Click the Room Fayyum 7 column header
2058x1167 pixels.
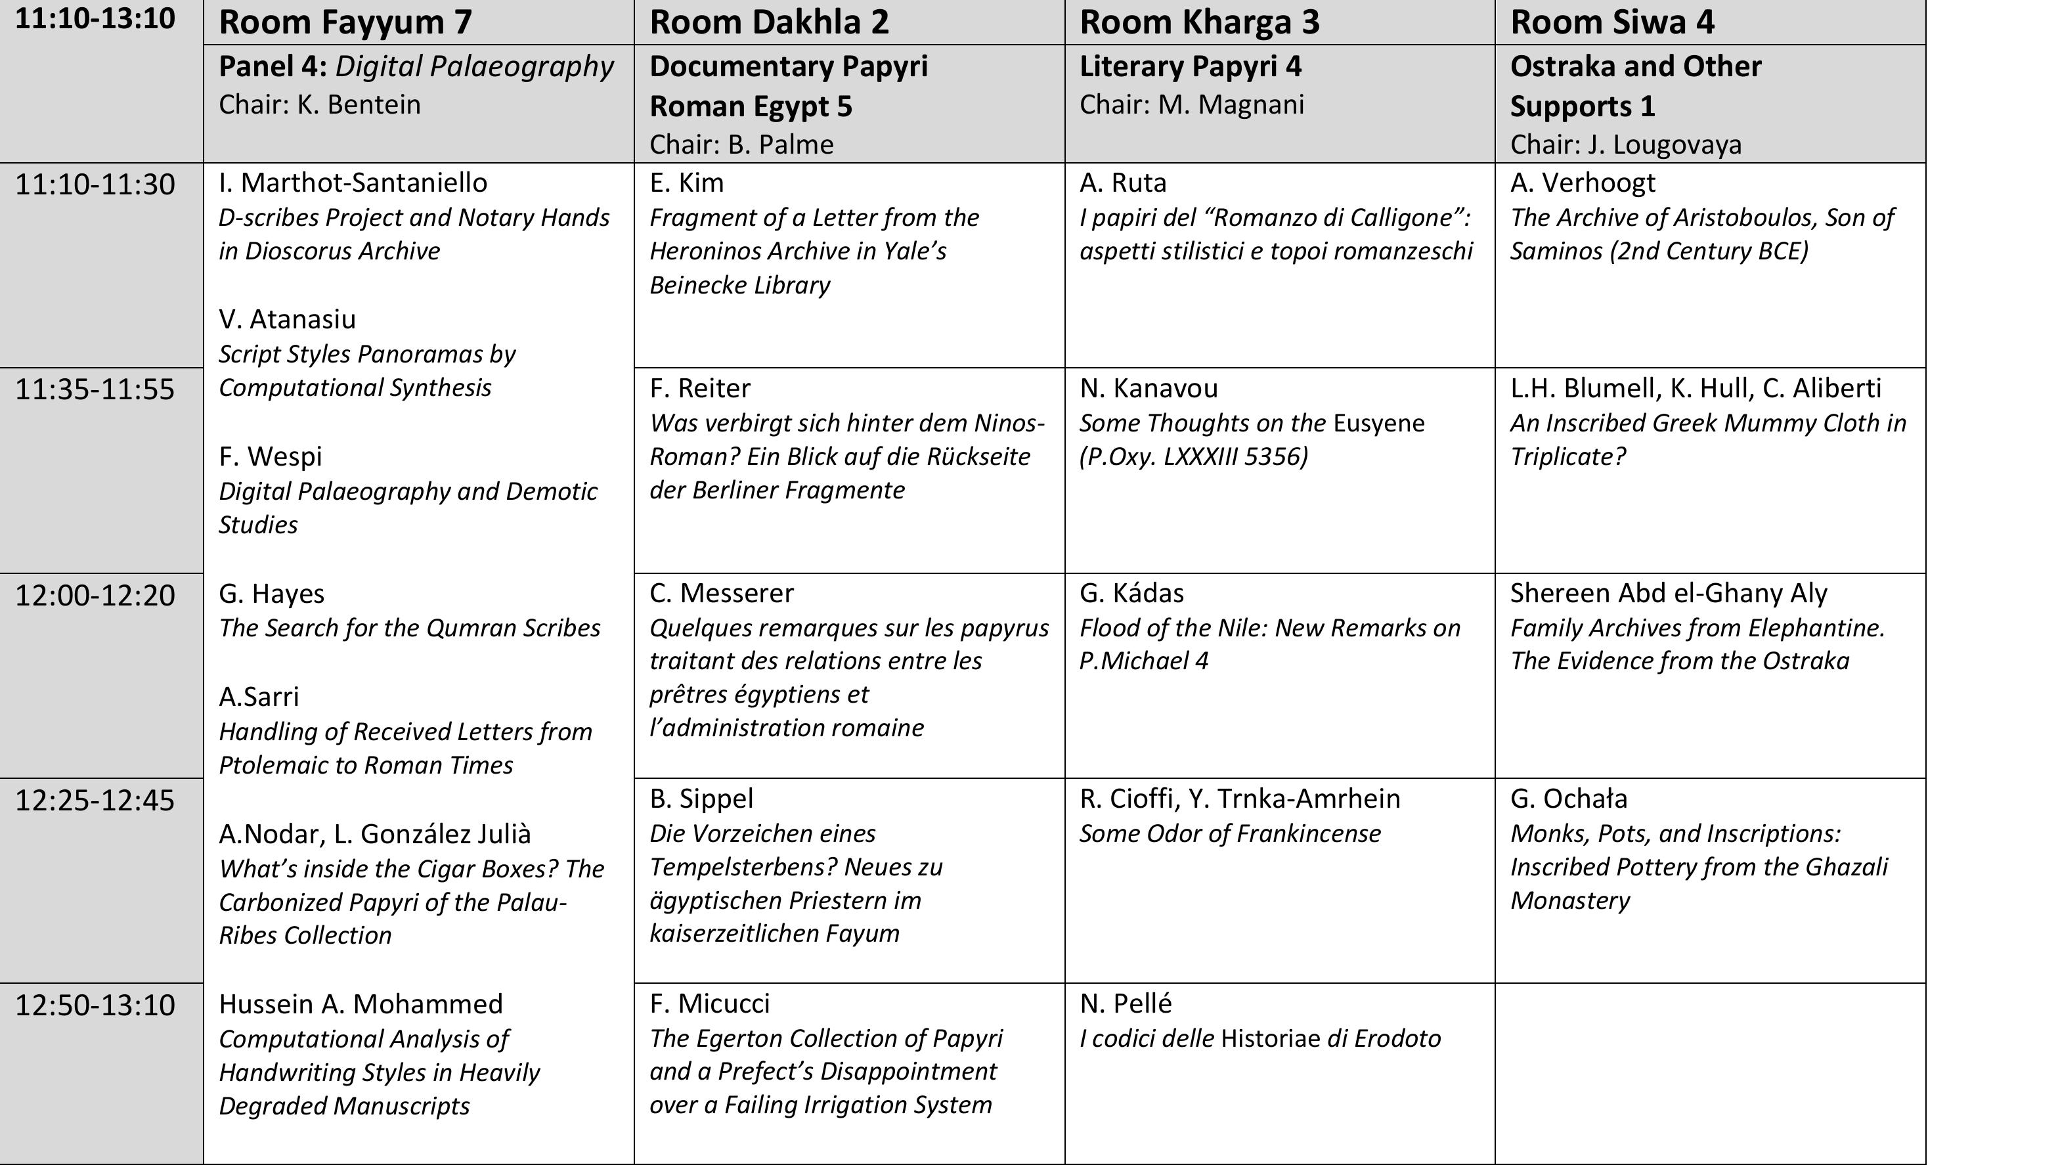[345, 22]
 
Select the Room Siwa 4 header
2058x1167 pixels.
[1611, 22]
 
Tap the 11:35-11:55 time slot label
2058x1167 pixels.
[95, 389]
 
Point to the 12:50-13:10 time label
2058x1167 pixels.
[95, 1005]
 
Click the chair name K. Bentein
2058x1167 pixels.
[359, 105]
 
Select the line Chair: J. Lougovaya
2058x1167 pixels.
[1625, 144]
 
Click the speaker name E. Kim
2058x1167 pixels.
[686, 183]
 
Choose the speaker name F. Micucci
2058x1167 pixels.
[709, 1003]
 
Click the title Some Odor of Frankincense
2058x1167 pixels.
[1229, 833]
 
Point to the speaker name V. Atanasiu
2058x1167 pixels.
[287, 319]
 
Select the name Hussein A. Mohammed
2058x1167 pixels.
[361, 1003]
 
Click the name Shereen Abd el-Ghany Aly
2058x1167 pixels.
[1669, 593]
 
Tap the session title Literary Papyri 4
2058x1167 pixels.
[1190, 66]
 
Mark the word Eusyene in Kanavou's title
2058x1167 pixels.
[1378, 423]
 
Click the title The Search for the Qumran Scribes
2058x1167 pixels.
[408, 628]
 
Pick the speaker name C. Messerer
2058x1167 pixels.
[721, 593]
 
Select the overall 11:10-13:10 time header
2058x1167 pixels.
[95, 18]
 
